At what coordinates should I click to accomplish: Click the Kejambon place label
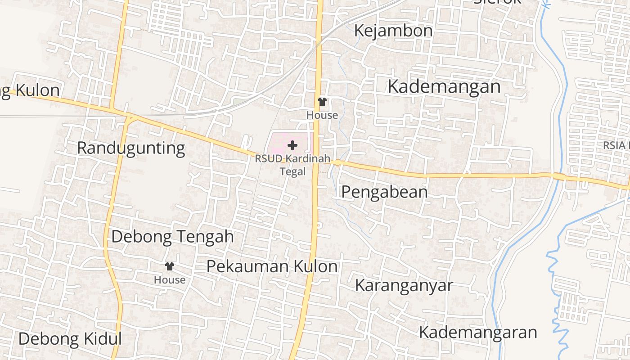(x=393, y=31)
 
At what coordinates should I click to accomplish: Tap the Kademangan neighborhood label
(x=444, y=86)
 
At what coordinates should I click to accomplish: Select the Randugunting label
(x=131, y=148)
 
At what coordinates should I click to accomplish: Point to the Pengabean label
(x=384, y=192)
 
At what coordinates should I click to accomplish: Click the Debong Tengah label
(x=172, y=236)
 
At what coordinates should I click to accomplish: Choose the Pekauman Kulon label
(x=272, y=266)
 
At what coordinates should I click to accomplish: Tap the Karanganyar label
(x=404, y=285)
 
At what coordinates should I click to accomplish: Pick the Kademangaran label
(x=478, y=332)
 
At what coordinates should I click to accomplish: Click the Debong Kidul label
(x=70, y=339)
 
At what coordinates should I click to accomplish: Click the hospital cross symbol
(x=292, y=145)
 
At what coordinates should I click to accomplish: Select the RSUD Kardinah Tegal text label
(x=292, y=165)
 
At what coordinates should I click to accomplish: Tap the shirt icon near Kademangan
(x=322, y=102)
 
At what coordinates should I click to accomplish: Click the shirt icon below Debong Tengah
(x=170, y=266)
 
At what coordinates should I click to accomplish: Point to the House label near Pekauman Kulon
(x=170, y=280)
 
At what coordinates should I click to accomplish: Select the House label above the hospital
(x=322, y=115)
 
